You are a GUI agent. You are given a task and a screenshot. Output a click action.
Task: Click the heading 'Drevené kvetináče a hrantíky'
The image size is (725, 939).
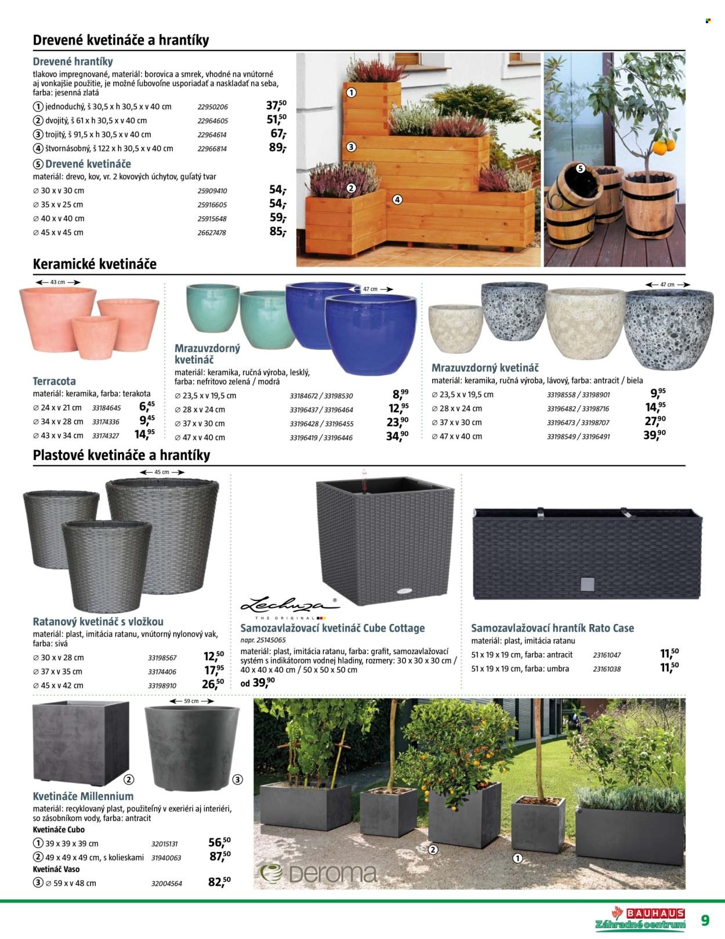click(x=121, y=40)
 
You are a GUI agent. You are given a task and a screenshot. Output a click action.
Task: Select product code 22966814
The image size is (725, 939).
click(x=212, y=148)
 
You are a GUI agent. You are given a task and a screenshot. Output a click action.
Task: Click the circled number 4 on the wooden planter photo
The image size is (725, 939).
click(x=397, y=200)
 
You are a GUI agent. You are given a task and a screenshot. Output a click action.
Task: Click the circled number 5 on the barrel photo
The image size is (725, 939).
click(x=581, y=169)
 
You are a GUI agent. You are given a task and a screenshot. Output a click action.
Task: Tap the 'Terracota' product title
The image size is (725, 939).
click(x=54, y=381)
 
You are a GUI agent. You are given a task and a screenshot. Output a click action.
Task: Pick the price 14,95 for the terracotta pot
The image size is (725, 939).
click(x=144, y=434)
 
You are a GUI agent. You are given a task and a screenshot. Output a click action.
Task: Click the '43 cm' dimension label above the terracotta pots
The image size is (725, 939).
click(x=57, y=282)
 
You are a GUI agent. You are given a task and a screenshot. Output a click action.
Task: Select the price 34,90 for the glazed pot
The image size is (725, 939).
click(x=397, y=436)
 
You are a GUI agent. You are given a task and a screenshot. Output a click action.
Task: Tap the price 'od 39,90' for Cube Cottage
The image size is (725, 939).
click(x=258, y=683)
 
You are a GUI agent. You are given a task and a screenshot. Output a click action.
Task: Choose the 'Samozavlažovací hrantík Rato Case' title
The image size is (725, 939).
click(x=552, y=628)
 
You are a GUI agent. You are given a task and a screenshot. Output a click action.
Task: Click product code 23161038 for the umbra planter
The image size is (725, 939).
click(x=607, y=669)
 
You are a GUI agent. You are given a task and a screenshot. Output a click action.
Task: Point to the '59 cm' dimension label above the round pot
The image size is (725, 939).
click(x=191, y=701)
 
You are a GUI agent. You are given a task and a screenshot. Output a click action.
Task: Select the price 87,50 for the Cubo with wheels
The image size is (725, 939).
click(x=220, y=856)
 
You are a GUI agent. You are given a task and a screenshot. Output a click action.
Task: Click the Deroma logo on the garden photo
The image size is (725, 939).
click(x=319, y=873)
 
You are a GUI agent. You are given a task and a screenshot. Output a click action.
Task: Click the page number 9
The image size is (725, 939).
click(x=705, y=920)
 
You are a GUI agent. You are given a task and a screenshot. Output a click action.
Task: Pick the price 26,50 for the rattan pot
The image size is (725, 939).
click(x=213, y=684)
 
